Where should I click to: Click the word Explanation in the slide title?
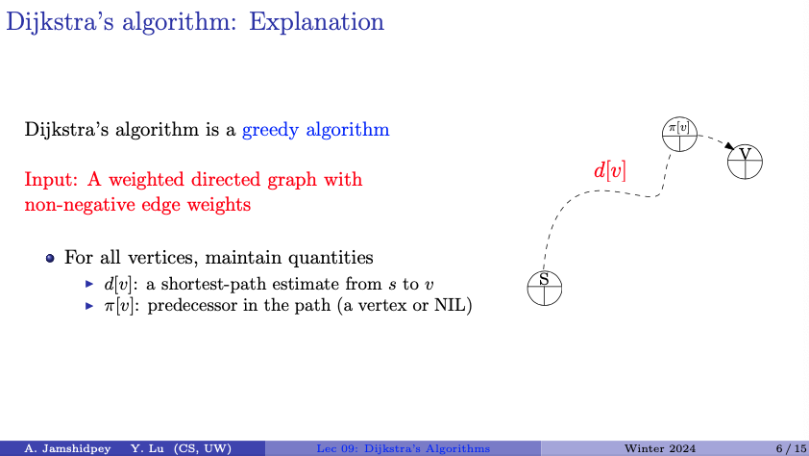click(316, 23)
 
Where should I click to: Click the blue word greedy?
click(270, 130)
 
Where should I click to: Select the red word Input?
click(51, 180)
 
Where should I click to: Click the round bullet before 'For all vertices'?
click(50, 258)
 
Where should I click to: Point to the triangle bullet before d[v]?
click(89, 284)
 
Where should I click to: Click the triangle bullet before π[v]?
click(89, 306)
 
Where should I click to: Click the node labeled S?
click(545, 289)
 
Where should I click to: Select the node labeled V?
click(745, 162)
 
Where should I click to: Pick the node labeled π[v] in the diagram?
click(679, 135)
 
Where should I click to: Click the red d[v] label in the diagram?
click(610, 170)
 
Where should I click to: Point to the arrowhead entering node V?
click(729, 146)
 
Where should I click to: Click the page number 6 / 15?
click(791, 448)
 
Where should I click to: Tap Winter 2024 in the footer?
click(659, 448)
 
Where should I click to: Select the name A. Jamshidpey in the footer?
click(67, 448)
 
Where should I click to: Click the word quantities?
click(331, 258)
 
